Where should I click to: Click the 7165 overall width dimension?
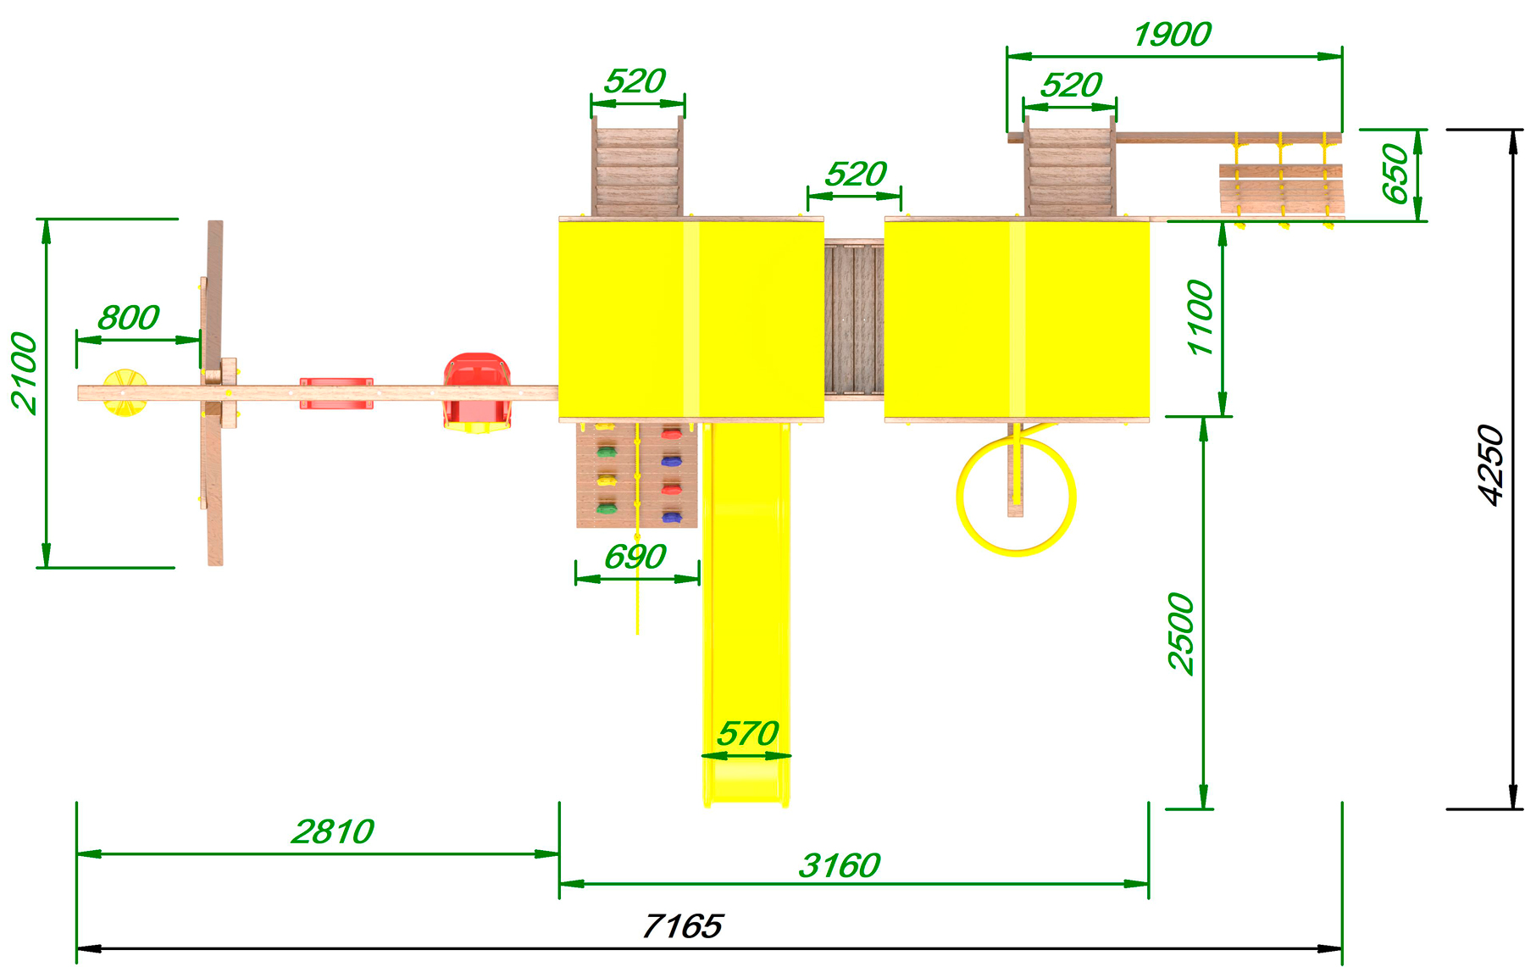click(683, 925)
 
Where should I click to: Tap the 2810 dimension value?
click(333, 831)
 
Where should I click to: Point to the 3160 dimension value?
click(840, 865)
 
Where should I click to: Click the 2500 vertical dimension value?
click(1181, 633)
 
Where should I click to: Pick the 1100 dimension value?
click(1201, 318)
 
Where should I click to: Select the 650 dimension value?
click(1395, 174)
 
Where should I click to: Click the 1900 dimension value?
click(1173, 35)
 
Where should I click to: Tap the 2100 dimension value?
click(25, 373)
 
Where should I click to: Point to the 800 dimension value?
click(129, 318)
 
